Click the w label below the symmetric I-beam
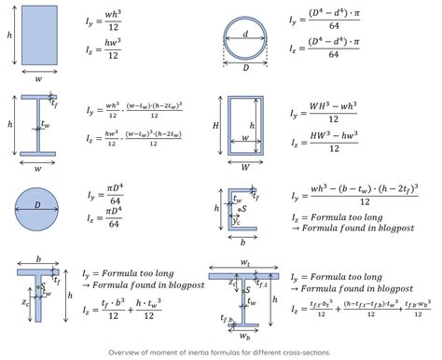(x=36, y=170)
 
